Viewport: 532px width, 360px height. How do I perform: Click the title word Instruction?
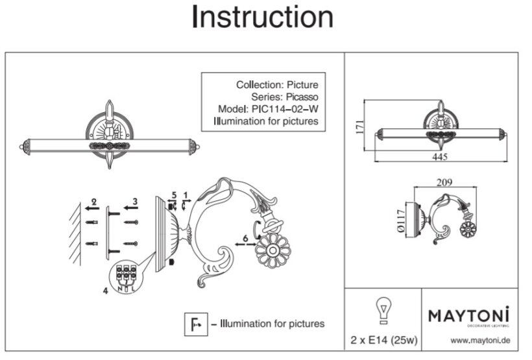pos(262,18)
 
